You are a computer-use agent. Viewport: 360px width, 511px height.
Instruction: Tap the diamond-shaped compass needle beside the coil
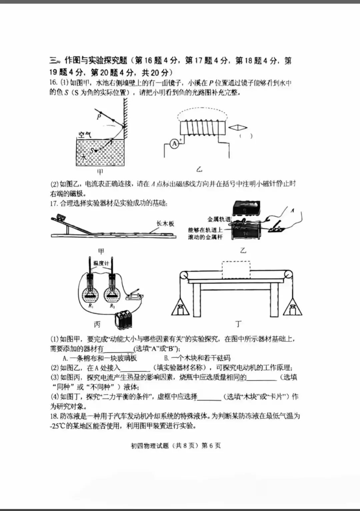(x=237, y=128)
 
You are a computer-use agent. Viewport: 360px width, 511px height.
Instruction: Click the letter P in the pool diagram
(x=99, y=117)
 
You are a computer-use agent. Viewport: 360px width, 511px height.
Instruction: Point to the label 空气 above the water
(x=85, y=135)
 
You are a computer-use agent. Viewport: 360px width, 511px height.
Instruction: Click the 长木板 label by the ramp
(x=165, y=224)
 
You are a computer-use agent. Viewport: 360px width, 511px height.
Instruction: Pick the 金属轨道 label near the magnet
(x=219, y=219)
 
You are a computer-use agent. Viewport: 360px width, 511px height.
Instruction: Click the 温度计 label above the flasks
(x=101, y=263)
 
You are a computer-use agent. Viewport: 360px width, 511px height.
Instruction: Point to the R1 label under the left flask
(x=91, y=305)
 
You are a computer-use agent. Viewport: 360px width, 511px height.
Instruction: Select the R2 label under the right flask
(x=112, y=306)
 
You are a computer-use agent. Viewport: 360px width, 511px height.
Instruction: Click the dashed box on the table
(x=236, y=270)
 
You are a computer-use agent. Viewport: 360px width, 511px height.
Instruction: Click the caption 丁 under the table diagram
(x=238, y=324)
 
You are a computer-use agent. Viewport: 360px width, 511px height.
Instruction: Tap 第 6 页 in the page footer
(x=211, y=446)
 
